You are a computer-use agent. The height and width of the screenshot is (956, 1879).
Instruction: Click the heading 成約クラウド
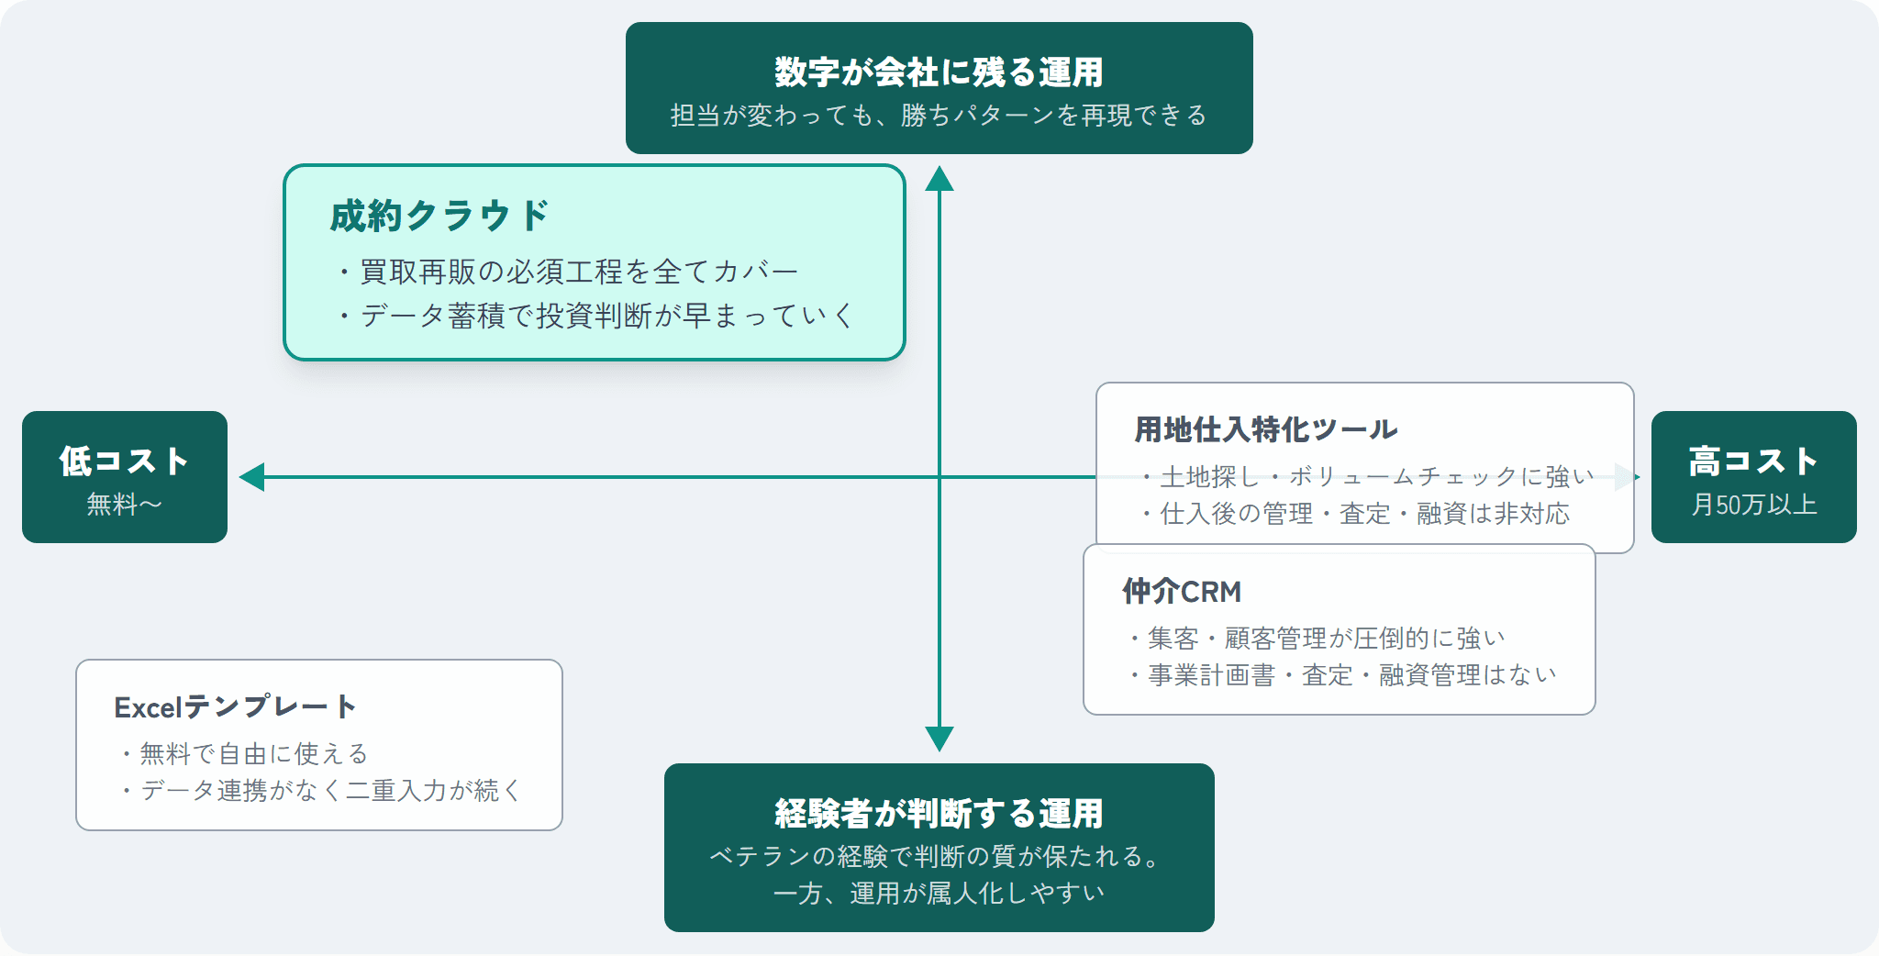click(x=439, y=217)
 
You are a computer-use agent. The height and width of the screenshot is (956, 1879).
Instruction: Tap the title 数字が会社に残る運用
click(x=939, y=72)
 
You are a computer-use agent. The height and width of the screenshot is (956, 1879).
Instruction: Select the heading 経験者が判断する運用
click(x=939, y=813)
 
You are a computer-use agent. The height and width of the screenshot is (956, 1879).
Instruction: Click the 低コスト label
click(x=124, y=461)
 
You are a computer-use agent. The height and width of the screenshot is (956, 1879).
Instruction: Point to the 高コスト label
click(x=1753, y=461)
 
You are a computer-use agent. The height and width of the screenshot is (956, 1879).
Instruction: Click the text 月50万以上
click(x=1753, y=505)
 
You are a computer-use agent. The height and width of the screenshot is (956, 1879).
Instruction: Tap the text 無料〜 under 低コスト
click(x=124, y=504)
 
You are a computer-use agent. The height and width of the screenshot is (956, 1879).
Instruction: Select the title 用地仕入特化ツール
click(x=1265, y=429)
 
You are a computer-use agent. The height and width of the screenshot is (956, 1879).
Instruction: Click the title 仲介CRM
click(x=1182, y=592)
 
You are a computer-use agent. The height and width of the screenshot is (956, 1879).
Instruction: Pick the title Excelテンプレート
click(x=235, y=707)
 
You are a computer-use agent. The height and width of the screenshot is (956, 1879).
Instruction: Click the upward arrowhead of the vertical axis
click(x=939, y=178)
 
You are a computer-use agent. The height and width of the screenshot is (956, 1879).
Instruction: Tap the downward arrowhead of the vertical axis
click(x=939, y=739)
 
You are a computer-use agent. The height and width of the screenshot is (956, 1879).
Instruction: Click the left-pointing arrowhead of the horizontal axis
click(x=251, y=477)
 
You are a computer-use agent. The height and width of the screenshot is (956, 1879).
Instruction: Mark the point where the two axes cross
click(x=939, y=477)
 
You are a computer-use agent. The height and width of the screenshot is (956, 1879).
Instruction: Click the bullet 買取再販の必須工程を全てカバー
click(x=578, y=272)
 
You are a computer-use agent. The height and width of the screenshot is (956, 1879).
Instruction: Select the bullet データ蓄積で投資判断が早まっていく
click(x=606, y=316)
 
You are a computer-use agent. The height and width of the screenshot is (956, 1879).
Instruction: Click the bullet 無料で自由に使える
click(x=253, y=754)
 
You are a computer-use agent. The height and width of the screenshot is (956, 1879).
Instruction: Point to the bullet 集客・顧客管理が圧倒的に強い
click(x=1327, y=638)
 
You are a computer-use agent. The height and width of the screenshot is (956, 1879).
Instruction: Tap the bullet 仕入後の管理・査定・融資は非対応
click(x=1364, y=514)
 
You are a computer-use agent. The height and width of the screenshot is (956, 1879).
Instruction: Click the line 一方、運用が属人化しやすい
click(x=939, y=894)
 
